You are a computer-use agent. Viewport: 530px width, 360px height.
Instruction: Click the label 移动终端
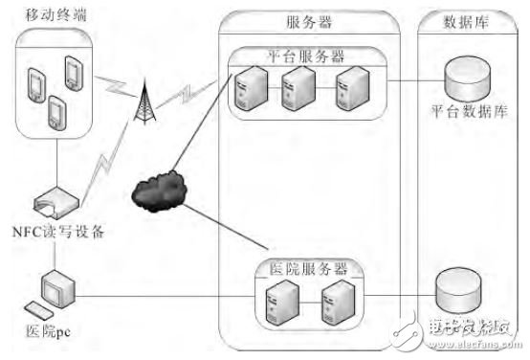point(50,17)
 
